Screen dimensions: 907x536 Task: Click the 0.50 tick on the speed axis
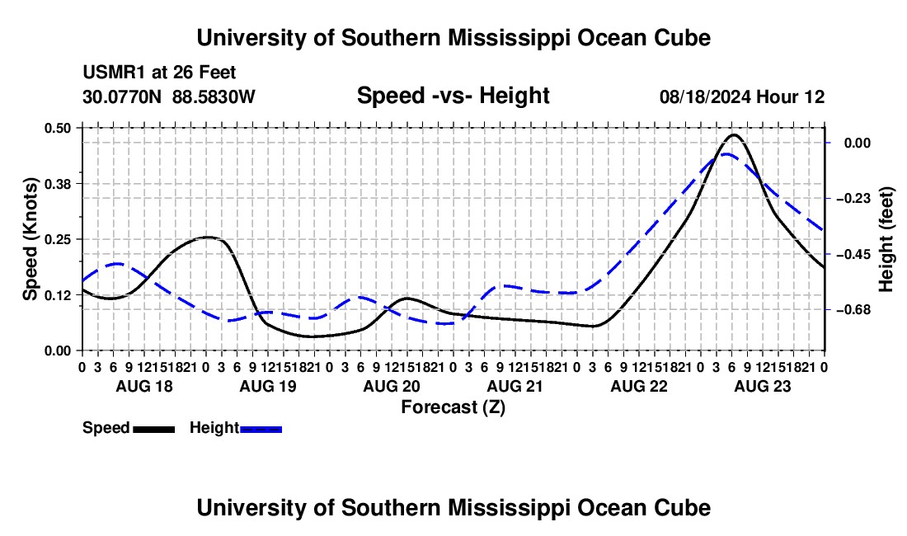[x=57, y=128]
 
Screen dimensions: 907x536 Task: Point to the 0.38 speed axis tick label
[x=57, y=184]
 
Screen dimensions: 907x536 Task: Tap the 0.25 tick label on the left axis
[x=57, y=239]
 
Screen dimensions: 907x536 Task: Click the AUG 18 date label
[x=144, y=386]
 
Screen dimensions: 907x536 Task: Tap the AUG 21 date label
[x=515, y=386]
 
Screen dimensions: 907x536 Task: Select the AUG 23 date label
[x=763, y=386]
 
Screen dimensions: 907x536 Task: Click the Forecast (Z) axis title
[x=453, y=407]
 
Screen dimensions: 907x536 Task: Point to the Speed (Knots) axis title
[x=30, y=239]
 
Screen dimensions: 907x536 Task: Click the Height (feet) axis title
[x=886, y=239]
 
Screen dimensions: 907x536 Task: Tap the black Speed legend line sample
[x=154, y=429]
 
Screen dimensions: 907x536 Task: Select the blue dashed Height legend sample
[x=261, y=429]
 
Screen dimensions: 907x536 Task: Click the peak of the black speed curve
[x=734, y=134]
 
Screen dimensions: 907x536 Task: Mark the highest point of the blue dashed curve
[x=726, y=154]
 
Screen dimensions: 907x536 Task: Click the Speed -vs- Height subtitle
[x=453, y=96]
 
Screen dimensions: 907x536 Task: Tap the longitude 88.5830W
[x=214, y=96]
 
